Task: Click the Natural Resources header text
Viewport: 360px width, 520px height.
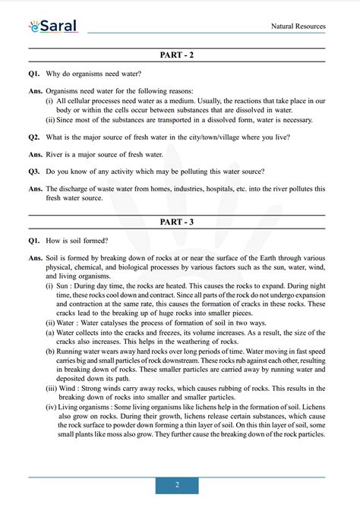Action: pos(298,27)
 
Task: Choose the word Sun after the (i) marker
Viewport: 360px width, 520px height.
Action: pos(66,287)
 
